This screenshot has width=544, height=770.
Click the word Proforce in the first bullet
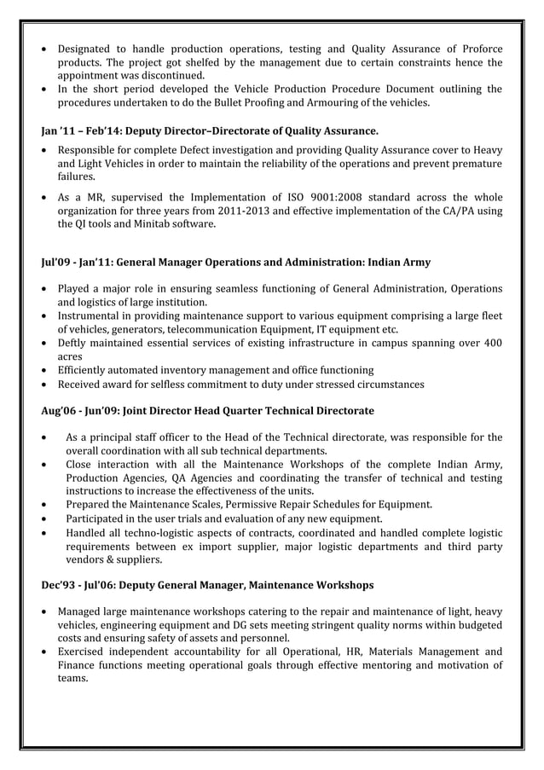tap(479, 48)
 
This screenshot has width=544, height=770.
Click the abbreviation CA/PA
tap(453, 211)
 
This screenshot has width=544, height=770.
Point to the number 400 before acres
tap(490, 343)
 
